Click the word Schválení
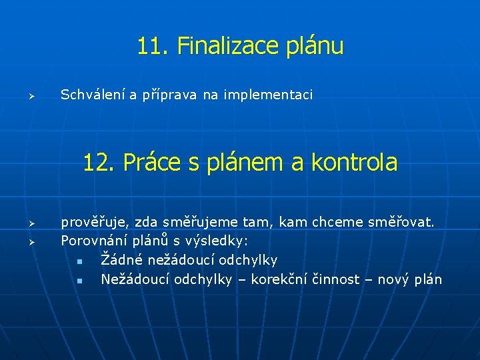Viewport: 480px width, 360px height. pos(93,95)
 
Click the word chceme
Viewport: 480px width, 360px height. pos(330,221)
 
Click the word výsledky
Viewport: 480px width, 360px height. pos(220,241)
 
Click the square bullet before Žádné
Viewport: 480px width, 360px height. pos(79,261)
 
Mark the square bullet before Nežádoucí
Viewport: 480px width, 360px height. pos(79,281)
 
